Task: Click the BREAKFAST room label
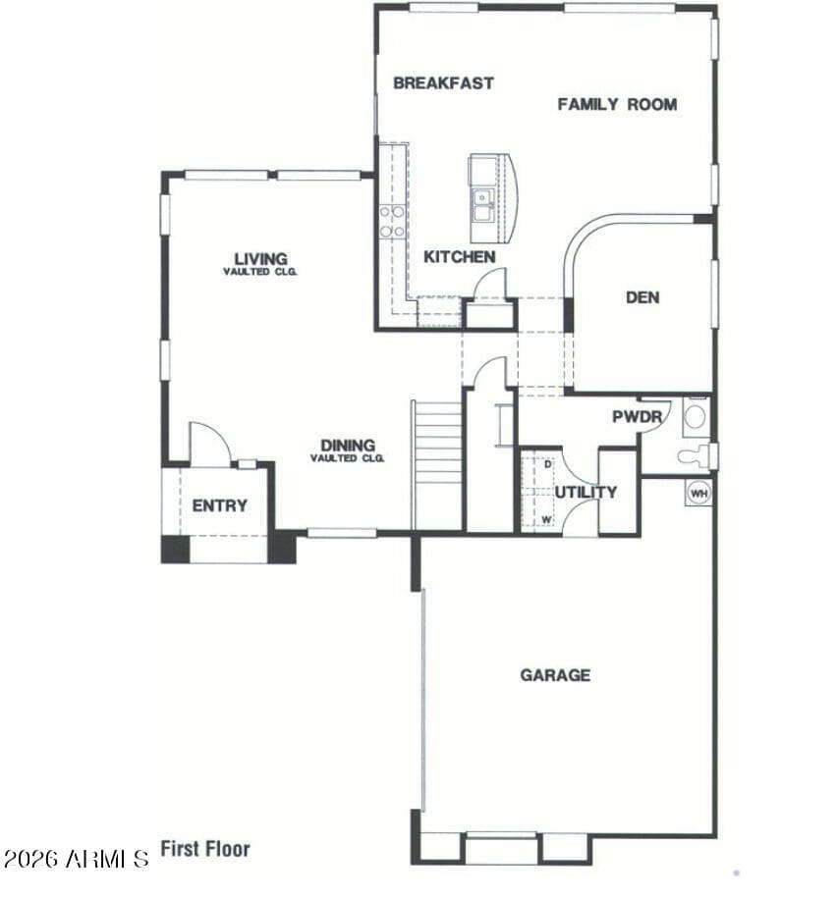pyautogui.click(x=443, y=83)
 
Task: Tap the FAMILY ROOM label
pyautogui.click(x=617, y=104)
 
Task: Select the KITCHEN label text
pyautogui.click(x=459, y=257)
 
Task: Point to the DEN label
pyautogui.click(x=642, y=297)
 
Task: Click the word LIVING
pyautogui.click(x=260, y=259)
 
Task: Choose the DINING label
pyautogui.click(x=348, y=445)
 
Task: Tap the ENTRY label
pyautogui.click(x=220, y=505)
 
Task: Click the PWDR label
pyautogui.click(x=638, y=417)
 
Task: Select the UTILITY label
pyautogui.click(x=586, y=492)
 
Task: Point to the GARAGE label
pyautogui.click(x=555, y=675)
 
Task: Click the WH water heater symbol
pyautogui.click(x=698, y=493)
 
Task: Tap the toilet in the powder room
pyautogui.click(x=696, y=455)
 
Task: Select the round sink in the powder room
pyautogui.click(x=696, y=417)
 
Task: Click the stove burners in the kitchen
pyautogui.click(x=392, y=222)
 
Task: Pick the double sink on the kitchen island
pyautogui.click(x=482, y=205)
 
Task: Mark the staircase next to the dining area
pyautogui.click(x=437, y=465)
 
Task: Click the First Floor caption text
pyautogui.click(x=205, y=849)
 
